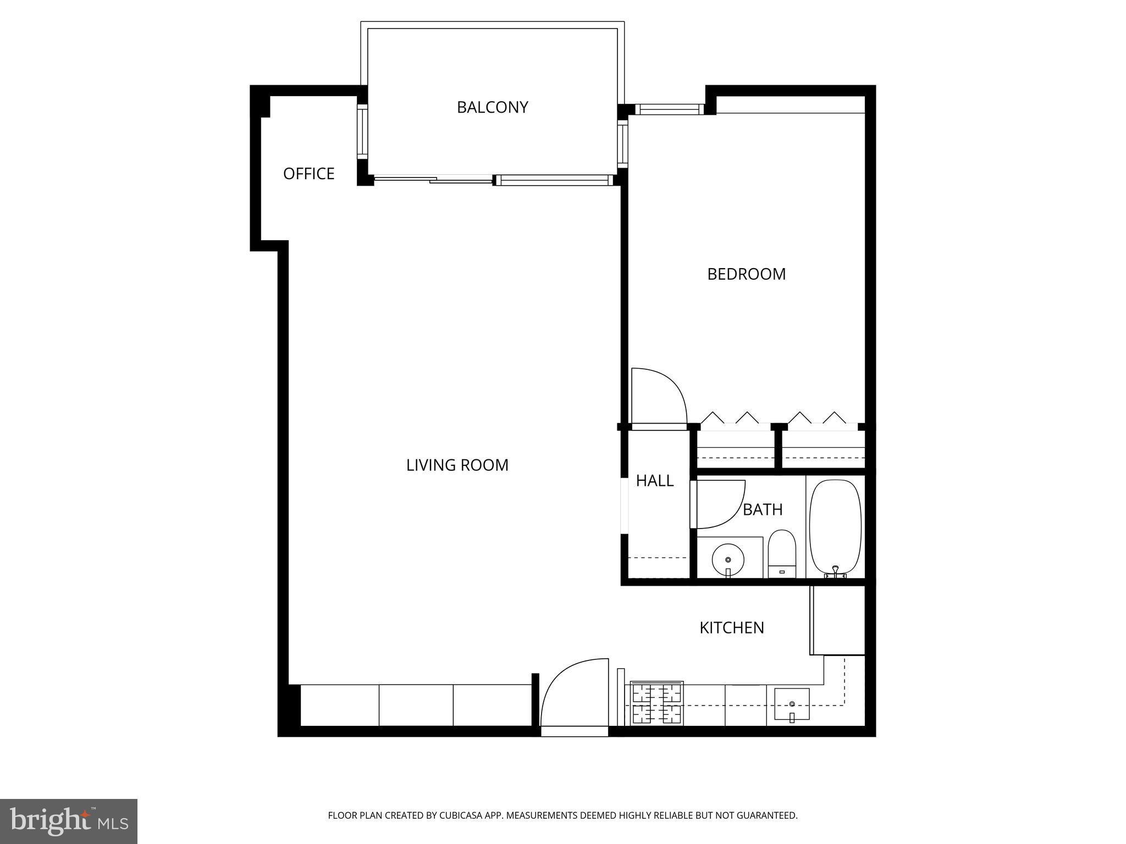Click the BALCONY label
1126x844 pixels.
click(x=492, y=107)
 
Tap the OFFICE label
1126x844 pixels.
click(x=308, y=174)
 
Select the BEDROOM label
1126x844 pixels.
click(x=746, y=274)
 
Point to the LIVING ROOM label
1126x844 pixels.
click(x=457, y=465)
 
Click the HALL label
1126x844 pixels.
click(x=654, y=481)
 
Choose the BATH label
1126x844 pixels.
click(x=763, y=510)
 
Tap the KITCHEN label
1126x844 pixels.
click(x=731, y=628)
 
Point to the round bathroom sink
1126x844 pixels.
click(x=728, y=560)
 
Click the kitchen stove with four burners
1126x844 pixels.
click(x=657, y=703)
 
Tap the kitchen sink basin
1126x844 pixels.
click(x=792, y=704)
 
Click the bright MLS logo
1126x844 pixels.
click(x=68, y=821)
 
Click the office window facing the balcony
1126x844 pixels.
click(x=362, y=131)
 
